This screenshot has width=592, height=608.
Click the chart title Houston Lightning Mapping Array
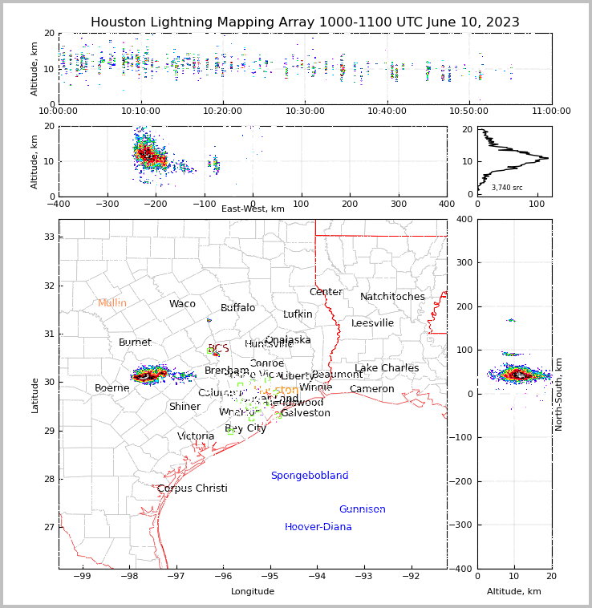tap(305, 22)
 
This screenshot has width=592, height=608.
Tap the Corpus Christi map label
tap(192, 488)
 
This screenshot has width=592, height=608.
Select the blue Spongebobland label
tap(310, 476)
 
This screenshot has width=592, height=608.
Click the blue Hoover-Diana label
tap(318, 527)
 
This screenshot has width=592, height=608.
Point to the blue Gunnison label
tap(362, 509)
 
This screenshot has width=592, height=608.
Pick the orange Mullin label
tap(112, 303)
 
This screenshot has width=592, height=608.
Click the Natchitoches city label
tap(392, 297)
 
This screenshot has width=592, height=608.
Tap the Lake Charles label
tap(387, 368)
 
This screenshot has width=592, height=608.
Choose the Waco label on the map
tap(182, 304)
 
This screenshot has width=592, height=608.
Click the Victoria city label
tap(196, 436)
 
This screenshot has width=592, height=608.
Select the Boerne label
tap(112, 388)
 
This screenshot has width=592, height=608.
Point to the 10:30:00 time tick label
tap(306, 111)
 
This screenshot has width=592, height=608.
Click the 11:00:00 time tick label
tap(551, 111)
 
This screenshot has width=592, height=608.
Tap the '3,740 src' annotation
tap(507, 188)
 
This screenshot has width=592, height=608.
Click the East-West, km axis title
tap(253, 209)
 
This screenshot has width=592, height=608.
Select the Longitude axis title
tap(253, 591)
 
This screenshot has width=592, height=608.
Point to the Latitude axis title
tap(35, 395)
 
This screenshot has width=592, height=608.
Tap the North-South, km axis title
tap(558, 394)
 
